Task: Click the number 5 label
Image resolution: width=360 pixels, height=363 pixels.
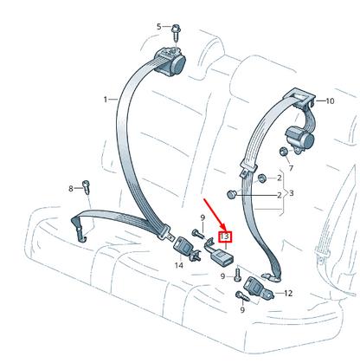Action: [159, 27]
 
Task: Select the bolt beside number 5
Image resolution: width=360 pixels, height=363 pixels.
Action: [176, 33]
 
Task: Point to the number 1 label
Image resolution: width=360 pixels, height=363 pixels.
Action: [106, 100]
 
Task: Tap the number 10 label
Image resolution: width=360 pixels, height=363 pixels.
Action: [330, 101]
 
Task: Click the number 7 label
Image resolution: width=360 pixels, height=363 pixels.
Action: [291, 168]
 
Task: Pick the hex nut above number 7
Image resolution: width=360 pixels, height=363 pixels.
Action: [283, 151]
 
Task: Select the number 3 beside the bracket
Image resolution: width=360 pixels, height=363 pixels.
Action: [292, 193]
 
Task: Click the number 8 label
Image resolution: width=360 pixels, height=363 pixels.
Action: [71, 189]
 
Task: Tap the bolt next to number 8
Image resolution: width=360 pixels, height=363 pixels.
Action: [87, 187]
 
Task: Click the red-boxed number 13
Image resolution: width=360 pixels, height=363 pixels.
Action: [225, 237]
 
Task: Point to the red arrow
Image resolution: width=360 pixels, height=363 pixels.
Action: [215, 214]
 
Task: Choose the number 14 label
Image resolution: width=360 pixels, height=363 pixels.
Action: [179, 265]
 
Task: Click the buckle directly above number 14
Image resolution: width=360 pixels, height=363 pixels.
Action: [181, 246]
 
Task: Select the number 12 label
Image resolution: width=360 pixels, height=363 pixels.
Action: [288, 294]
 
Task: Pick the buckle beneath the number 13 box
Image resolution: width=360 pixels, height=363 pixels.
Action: [222, 257]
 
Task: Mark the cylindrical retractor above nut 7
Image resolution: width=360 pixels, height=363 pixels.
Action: [299, 138]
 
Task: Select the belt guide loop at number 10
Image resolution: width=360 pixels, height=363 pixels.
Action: [299, 97]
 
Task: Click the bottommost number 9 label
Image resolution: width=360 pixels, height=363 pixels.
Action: [242, 310]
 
